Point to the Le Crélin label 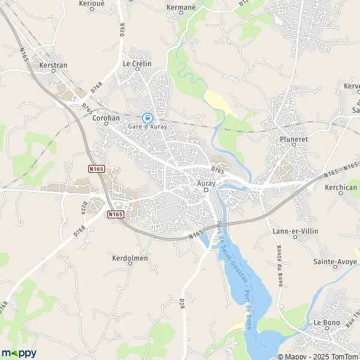[x=137, y=63]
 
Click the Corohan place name [x=107, y=118]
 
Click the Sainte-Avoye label [x=335, y=262]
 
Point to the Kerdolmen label [x=130, y=258]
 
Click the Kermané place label [x=181, y=8]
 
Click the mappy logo [x=19, y=353]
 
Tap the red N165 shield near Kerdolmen [x=116, y=214]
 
